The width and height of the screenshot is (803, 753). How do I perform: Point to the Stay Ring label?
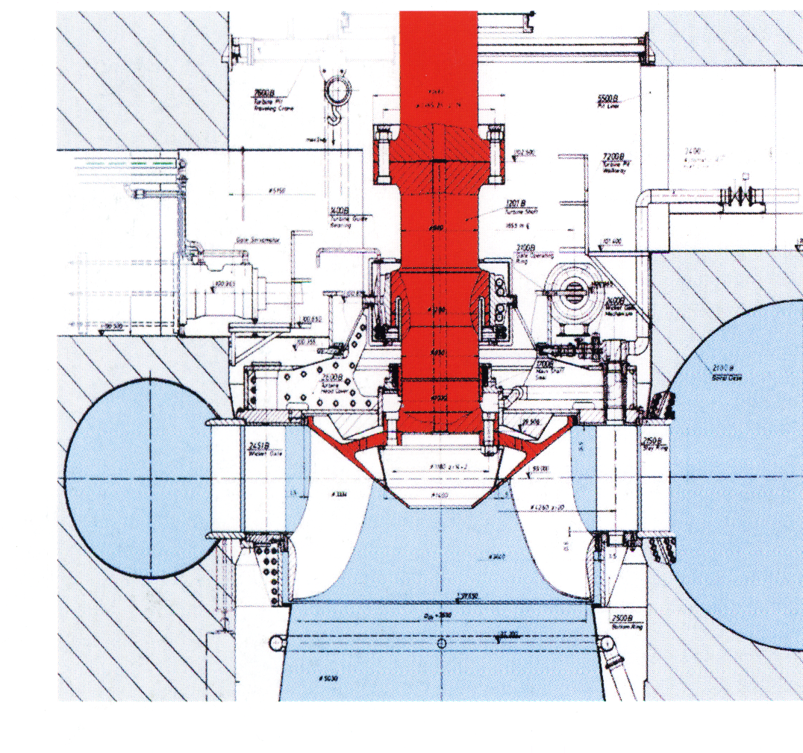coord(649,442)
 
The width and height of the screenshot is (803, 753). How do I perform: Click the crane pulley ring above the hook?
coord(335,91)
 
